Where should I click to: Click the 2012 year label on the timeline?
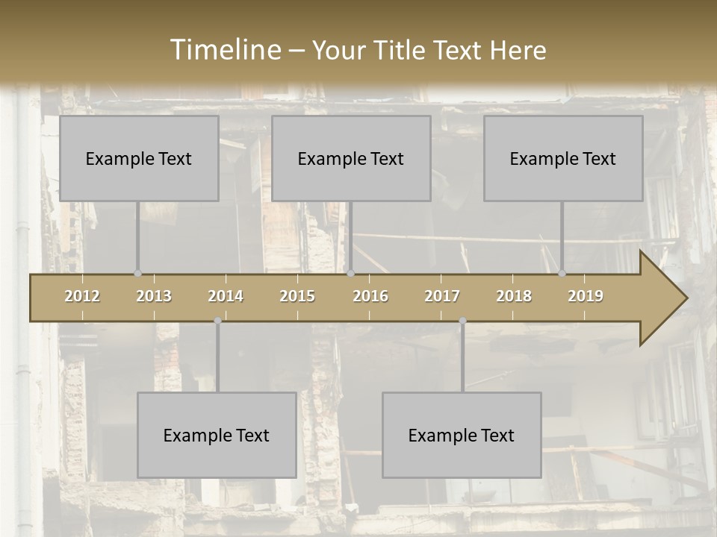coord(82,296)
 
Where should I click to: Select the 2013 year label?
coord(154,296)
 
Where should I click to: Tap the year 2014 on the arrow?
coord(226,296)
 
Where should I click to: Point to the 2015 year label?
coord(297,296)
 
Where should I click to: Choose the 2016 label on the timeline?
coord(370,296)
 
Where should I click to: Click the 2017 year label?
coord(442,296)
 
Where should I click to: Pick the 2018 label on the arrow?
coord(514,296)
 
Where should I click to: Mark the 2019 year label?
coord(586,296)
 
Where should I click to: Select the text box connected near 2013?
coord(139,158)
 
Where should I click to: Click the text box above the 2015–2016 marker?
coord(351,158)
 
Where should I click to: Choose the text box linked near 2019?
coord(563,158)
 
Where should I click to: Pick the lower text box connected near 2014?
coord(217,435)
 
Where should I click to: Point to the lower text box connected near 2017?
coord(462,435)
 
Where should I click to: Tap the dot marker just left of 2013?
coord(137,274)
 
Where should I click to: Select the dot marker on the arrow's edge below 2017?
coord(462,321)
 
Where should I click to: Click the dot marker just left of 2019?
coord(562,274)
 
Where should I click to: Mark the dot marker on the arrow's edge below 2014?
coord(217,321)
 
